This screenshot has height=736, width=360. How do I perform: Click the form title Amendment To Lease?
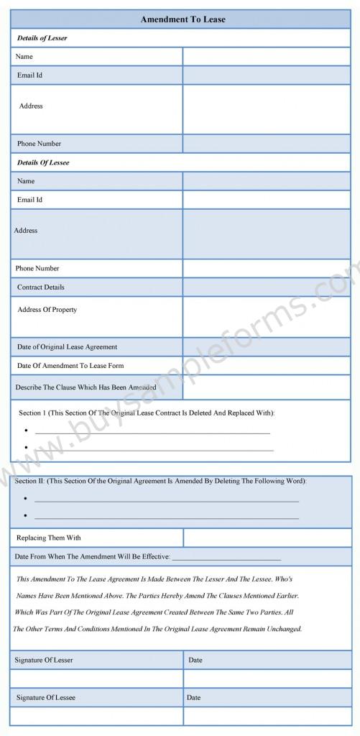click(183, 19)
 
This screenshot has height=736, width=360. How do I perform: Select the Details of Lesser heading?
click(42, 38)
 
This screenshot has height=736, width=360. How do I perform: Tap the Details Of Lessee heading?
click(43, 162)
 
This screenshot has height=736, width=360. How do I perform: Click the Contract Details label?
click(40, 287)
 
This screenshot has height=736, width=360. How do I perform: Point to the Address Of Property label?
click(47, 310)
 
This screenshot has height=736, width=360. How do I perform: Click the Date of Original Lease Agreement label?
click(67, 347)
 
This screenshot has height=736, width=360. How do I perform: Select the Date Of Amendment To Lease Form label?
click(70, 366)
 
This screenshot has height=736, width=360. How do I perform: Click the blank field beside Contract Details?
click(266, 287)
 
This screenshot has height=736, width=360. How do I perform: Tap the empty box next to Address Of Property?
click(266, 316)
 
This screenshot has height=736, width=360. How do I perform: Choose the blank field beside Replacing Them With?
click(267, 538)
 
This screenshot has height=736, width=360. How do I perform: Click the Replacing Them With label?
click(49, 538)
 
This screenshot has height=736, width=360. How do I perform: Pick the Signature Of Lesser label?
click(45, 660)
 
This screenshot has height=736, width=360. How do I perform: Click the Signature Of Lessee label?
click(46, 697)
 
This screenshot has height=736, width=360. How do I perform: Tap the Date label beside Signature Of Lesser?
click(195, 660)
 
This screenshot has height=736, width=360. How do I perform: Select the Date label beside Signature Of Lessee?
click(194, 697)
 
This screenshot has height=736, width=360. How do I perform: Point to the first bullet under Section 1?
click(26, 431)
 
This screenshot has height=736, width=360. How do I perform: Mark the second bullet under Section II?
click(26, 515)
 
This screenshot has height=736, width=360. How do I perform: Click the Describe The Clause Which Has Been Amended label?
click(86, 387)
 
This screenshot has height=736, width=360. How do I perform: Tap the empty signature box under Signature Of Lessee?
click(96, 716)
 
